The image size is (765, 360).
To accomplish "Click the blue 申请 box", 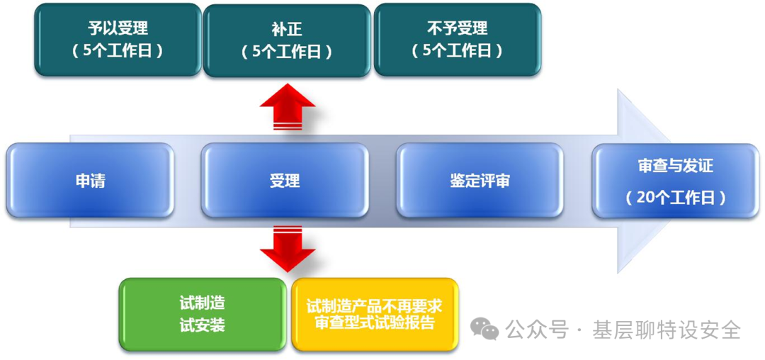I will click(x=90, y=180).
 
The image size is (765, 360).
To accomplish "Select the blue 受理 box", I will click(x=284, y=180).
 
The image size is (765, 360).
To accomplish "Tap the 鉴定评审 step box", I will click(x=480, y=180).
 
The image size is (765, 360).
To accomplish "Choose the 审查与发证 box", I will click(x=675, y=180).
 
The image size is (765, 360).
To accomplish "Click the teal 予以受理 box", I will click(x=118, y=40).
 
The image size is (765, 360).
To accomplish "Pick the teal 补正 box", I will click(x=286, y=40).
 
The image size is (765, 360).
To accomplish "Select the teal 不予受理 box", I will click(x=457, y=40).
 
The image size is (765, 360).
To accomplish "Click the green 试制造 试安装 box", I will click(x=203, y=315).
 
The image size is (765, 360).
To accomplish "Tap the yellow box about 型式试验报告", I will click(x=375, y=315).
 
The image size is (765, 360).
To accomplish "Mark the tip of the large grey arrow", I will click(x=671, y=180).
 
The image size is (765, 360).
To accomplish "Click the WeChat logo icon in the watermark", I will click(x=486, y=328).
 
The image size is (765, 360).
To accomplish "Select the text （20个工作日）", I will click(x=675, y=198).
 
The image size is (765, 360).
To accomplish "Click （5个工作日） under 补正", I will click(x=286, y=51).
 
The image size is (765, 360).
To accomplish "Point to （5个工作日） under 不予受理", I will click(x=457, y=51).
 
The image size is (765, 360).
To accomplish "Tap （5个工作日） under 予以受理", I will click(x=118, y=51).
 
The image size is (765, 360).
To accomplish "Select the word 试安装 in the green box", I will click(x=203, y=326).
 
